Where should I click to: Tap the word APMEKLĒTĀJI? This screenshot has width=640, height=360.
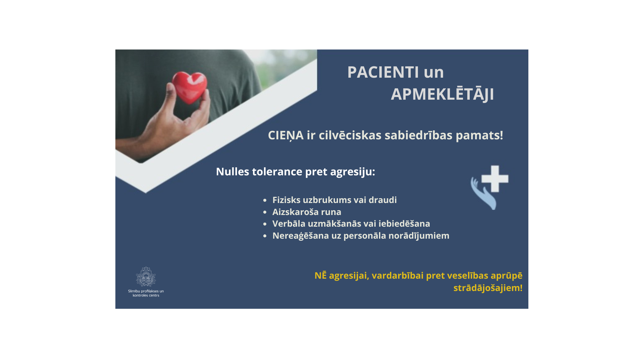[442, 94]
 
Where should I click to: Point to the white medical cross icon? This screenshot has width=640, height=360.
[495, 179]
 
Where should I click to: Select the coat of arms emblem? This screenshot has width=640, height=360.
[146, 276]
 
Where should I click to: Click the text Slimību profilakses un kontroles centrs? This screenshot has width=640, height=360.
[146, 293]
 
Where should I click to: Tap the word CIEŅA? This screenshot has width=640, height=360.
[286, 135]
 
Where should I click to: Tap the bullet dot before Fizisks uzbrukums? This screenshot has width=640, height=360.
[265, 200]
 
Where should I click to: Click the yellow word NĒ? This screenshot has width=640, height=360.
[320, 275]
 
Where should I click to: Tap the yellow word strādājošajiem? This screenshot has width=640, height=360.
[488, 288]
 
